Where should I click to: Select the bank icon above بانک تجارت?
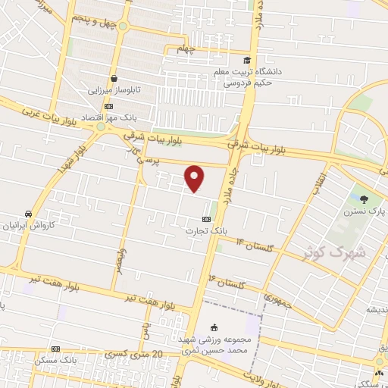point(198,218)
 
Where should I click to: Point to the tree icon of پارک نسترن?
point(365,199)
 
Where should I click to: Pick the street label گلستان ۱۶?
point(226,283)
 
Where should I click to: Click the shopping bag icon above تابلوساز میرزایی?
point(114,77)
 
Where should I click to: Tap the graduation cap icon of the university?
point(246,61)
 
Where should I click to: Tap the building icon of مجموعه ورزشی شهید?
point(214,327)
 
